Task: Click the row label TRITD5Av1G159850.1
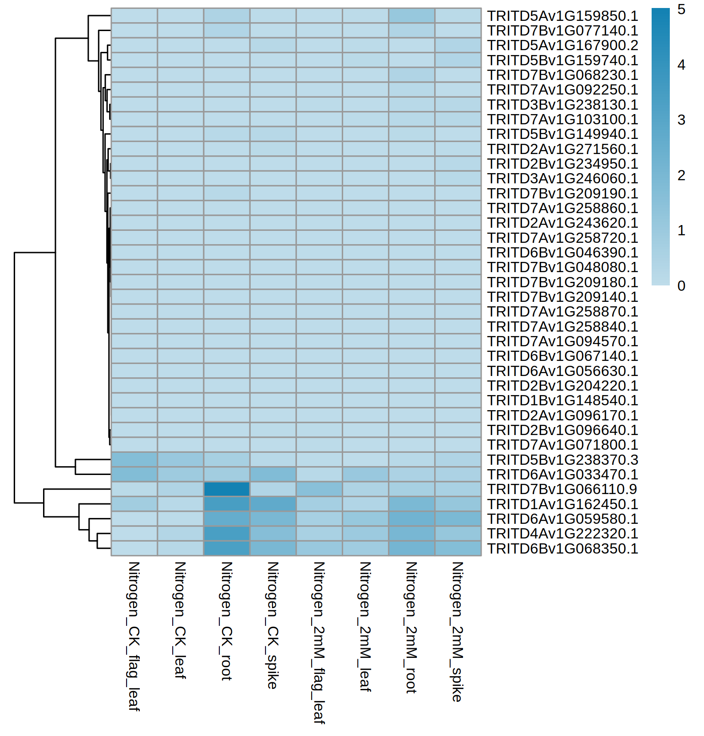click(x=562, y=16)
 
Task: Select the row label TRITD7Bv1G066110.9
click(x=562, y=489)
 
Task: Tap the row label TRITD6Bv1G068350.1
click(x=562, y=549)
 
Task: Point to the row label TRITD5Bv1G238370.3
click(x=562, y=460)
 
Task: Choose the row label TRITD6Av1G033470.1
click(x=562, y=475)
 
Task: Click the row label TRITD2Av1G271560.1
click(x=562, y=149)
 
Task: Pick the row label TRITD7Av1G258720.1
click(x=562, y=238)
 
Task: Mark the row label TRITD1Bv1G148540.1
click(x=562, y=400)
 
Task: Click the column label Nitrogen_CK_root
click(x=227, y=621)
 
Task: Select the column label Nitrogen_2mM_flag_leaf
click(x=319, y=643)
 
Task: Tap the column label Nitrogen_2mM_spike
click(x=458, y=632)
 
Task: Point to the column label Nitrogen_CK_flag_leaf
click(x=134, y=637)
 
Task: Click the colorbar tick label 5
click(x=681, y=9)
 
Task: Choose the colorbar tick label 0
click(x=681, y=286)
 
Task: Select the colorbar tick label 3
click(x=681, y=120)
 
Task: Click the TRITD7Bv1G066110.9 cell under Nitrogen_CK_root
click(x=227, y=489)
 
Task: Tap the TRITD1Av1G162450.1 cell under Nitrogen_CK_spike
click(x=273, y=504)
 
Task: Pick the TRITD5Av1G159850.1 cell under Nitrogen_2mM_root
click(x=411, y=16)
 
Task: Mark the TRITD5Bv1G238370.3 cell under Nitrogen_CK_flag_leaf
click(x=134, y=459)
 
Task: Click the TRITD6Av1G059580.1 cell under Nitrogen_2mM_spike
click(x=458, y=519)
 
